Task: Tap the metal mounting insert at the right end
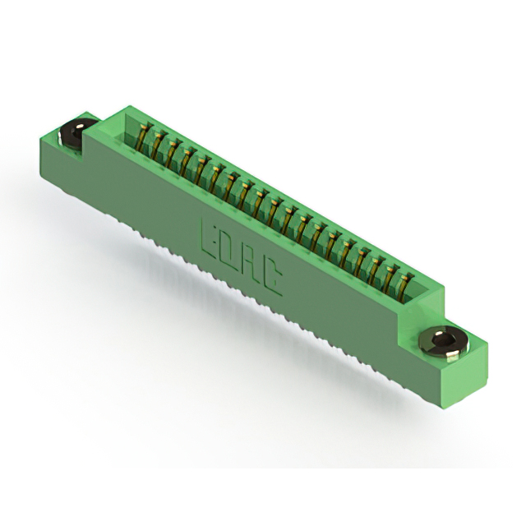click(441, 343)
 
